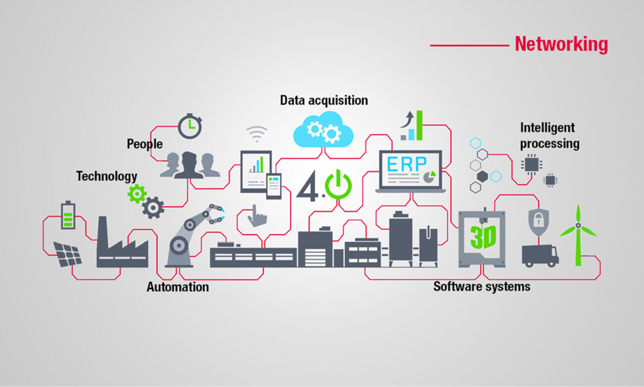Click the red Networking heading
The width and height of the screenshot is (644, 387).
pos(561,44)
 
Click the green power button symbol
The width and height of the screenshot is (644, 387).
pos(338,185)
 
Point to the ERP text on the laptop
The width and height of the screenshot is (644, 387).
pos(407,164)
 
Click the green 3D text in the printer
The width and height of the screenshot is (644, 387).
pos(483,237)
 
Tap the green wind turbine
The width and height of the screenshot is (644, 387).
pos(578,235)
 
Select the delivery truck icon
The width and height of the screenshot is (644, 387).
pos(540,256)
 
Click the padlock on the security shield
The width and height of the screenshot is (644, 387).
pos(539,221)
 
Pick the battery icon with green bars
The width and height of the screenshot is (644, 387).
pos(68,215)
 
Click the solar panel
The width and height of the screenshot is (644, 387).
pos(68,254)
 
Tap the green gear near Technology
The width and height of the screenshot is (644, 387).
pos(137,194)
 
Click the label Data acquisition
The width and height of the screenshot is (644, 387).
pos(324,100)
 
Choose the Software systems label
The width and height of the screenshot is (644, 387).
pos(482,287)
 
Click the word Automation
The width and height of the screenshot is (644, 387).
pos(178,287)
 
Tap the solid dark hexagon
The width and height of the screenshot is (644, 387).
pos(482,176)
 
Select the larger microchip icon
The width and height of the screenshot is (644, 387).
pos(532,164)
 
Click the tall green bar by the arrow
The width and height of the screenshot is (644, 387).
pos(419,125)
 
